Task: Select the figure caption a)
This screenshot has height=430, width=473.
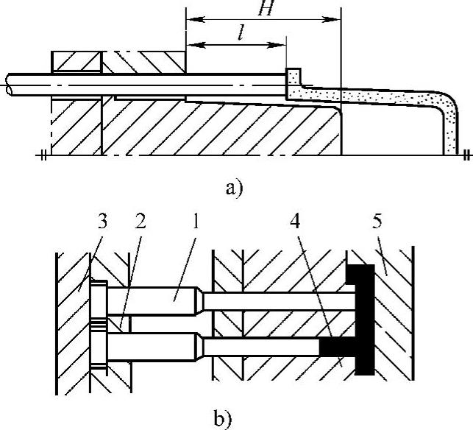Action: pos(235,188)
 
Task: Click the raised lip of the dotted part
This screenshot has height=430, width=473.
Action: pos(294,77)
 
